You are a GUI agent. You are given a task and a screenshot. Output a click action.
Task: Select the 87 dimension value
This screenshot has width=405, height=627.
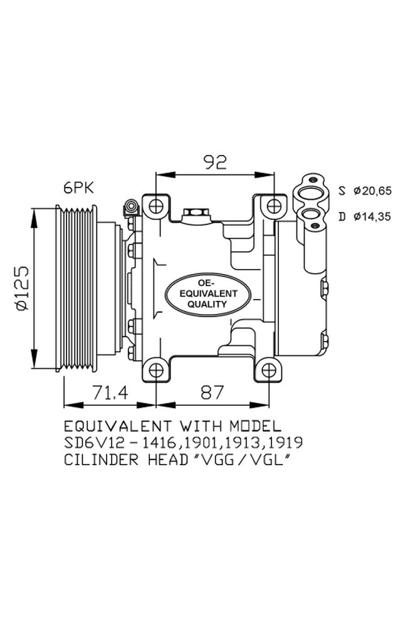[213, 393]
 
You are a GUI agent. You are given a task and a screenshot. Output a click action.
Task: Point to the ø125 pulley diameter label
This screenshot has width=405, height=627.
[21, 288]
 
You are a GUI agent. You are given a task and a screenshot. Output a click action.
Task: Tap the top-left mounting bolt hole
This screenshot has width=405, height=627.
[155, 205]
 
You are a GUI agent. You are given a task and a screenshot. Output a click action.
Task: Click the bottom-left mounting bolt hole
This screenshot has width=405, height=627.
[155, 369]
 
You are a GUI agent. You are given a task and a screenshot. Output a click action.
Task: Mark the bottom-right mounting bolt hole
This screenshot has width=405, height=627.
[268, 369]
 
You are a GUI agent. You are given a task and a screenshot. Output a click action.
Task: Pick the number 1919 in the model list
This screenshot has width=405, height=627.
[288, 443]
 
